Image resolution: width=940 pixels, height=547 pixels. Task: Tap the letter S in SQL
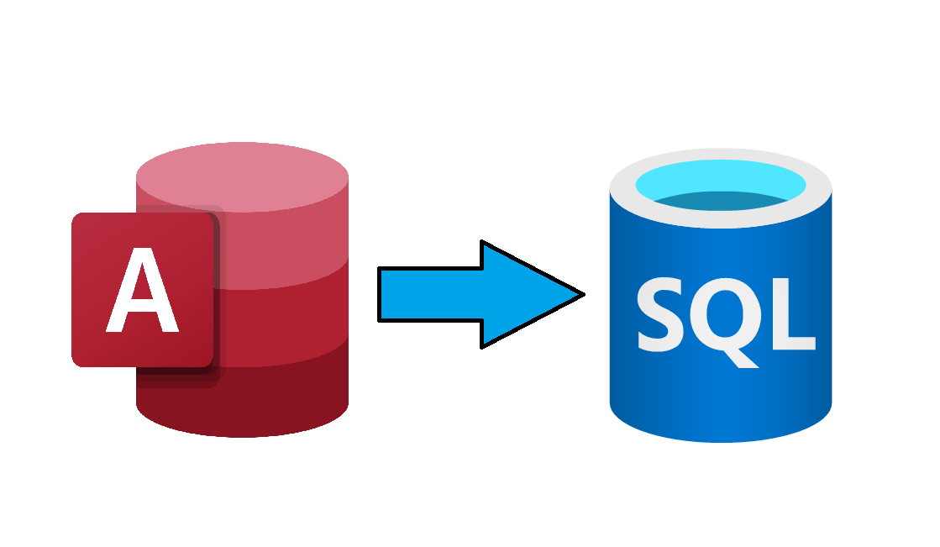coord(659,314)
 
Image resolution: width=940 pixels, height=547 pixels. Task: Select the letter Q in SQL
coord(725,318)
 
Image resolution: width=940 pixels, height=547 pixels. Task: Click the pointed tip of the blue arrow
coord(584,294)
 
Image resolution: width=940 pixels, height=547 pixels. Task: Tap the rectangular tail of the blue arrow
coord(430,294)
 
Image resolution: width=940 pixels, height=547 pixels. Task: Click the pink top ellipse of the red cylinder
coord(242,177)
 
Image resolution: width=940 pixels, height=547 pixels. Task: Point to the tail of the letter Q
coord(743,359)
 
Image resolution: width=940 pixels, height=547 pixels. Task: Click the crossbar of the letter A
coord(142,306)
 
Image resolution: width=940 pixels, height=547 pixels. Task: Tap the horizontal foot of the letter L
coord(795,343)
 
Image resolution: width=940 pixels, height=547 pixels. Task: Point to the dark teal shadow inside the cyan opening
coord(721,201)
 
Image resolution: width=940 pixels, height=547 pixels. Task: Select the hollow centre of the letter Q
coord(725,313)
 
